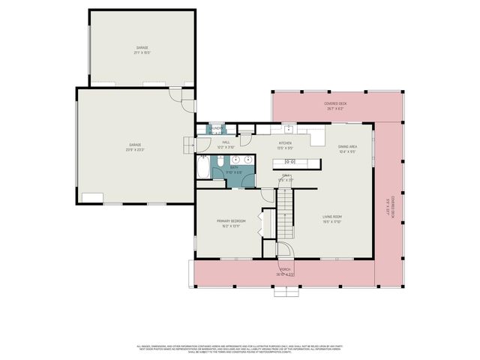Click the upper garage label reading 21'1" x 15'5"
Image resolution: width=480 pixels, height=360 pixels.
coord(142,50)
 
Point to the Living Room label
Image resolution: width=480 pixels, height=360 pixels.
coord(332,219)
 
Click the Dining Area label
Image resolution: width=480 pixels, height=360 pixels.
coord(347,148)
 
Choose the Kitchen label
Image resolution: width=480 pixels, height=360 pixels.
coord(285,145)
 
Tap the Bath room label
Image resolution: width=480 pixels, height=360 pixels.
coord(235,171)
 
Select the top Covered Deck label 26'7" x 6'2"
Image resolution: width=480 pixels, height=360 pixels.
coord(334,106)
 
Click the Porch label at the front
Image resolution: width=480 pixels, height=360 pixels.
coord(286,271)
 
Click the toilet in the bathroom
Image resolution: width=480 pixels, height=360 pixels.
coord(256,160)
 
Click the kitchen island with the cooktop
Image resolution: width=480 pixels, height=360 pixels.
coord(296,163)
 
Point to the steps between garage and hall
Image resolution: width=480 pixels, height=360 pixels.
coord(187,145)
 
